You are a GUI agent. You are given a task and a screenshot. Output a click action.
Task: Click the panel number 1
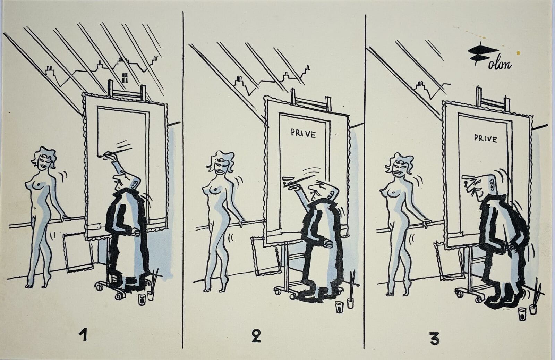coord(83,334)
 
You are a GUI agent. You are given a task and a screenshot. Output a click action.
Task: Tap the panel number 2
coord(256,336)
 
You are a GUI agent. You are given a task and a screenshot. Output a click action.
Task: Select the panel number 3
coord(435,339)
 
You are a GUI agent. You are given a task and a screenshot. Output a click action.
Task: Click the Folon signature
coord(489,58)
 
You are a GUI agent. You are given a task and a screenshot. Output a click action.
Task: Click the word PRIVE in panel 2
coord(304,134)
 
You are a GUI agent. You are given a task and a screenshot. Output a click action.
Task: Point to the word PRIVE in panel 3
coord(485,139)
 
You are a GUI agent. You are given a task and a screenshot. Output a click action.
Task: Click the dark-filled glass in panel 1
coord(142,300)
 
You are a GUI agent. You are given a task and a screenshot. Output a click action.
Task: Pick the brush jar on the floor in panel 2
coord(350,303)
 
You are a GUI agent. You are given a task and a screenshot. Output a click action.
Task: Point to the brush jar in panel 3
coord(533,309)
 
